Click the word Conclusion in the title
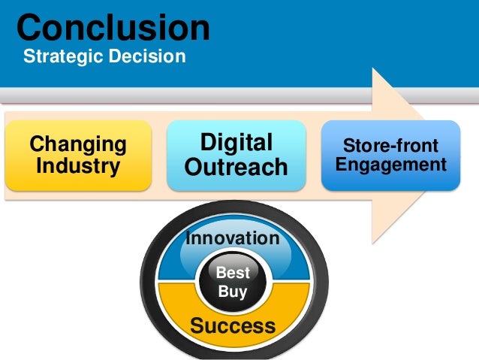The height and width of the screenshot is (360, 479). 113,28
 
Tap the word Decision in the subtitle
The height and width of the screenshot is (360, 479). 148,56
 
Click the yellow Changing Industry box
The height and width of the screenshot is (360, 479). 77,154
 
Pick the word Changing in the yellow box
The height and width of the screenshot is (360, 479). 77,144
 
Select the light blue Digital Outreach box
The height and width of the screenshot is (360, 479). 236,155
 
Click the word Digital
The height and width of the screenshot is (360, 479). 236,143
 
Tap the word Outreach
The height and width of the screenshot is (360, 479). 236,167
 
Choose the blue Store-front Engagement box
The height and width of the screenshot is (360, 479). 390,154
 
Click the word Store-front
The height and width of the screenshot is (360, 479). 390,144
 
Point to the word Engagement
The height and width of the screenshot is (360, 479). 390,164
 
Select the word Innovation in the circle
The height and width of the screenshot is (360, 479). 232,238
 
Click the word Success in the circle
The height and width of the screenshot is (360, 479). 232,325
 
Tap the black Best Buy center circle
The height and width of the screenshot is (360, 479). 232,282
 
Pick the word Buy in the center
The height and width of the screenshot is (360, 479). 232,292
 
